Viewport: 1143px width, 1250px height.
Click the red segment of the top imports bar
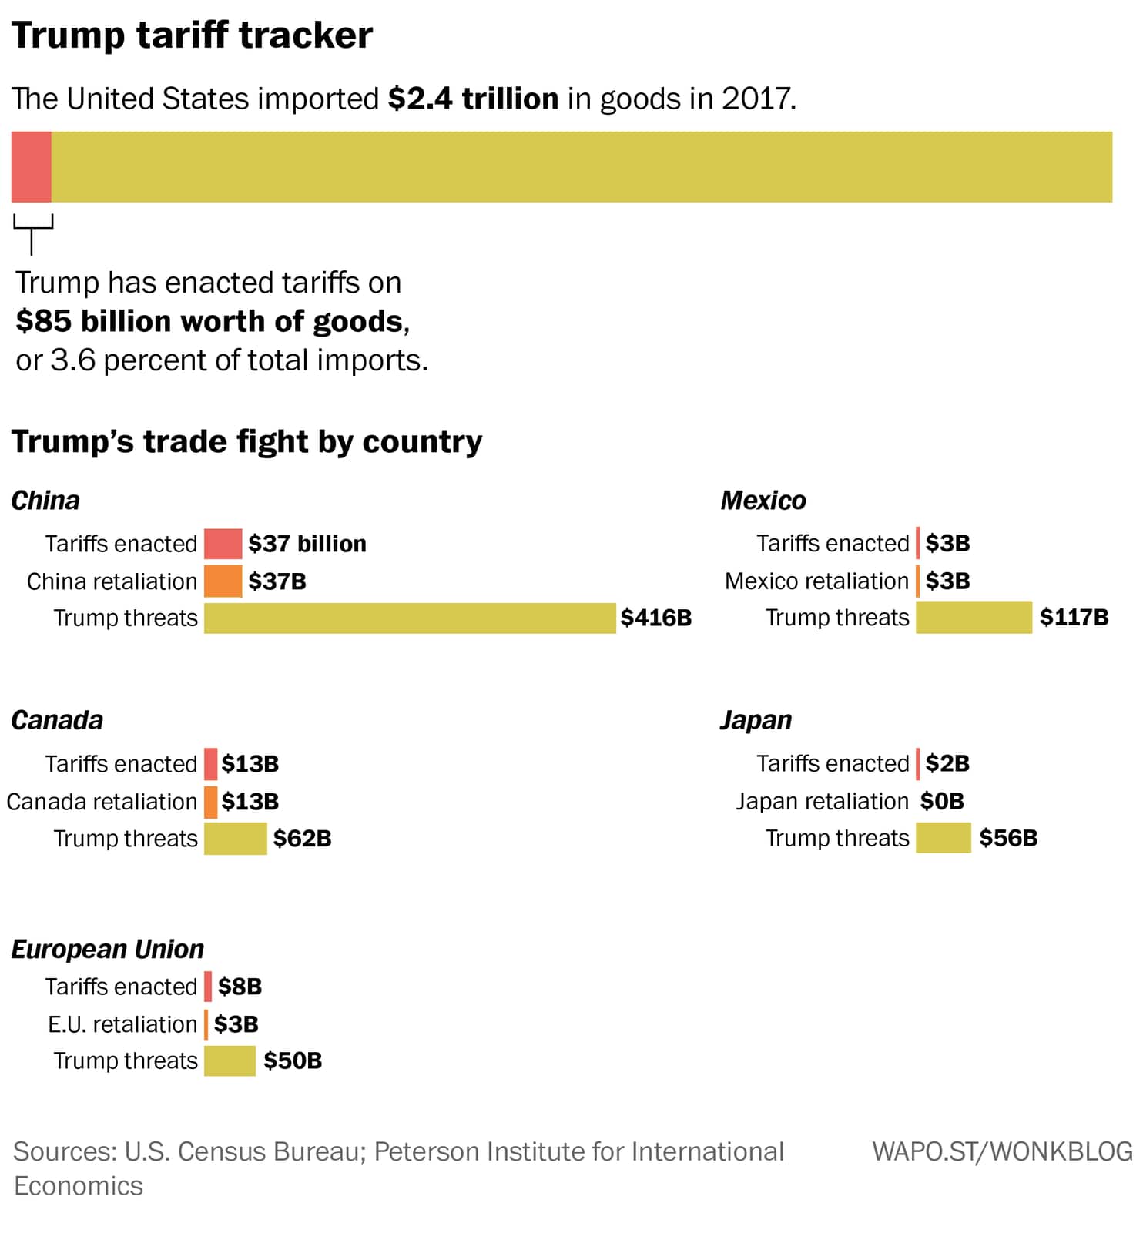[32, 167]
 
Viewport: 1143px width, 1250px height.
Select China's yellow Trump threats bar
[410, 618]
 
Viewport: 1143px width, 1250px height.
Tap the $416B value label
[656, 618]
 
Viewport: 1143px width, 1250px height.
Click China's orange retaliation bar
[223, 581]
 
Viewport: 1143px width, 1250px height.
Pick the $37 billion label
[307, 544]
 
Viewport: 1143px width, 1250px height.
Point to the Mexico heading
[763, 501]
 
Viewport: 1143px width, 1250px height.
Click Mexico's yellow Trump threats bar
[974, 618]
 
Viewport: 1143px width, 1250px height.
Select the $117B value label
[1074, 617]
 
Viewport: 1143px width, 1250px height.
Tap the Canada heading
[57, 720]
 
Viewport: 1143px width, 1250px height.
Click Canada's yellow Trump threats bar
[235, 839]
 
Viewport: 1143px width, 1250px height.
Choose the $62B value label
[302, 839]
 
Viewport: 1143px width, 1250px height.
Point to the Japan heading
[756, 720]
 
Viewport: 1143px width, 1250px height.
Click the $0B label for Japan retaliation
[942, 801]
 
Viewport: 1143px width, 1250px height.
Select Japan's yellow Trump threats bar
[943, 838]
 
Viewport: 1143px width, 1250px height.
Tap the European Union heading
[108, 949]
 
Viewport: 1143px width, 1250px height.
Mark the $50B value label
[293, 1061]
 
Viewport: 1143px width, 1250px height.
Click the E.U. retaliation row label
[122, 1024]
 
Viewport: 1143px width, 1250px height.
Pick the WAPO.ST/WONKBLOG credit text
[1002, 1151]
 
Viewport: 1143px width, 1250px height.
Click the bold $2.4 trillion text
[473, 99]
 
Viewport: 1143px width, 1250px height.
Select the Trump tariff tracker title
[192, 35]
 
